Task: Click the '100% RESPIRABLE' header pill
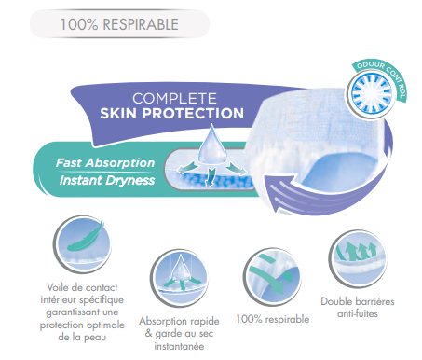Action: [119, 24]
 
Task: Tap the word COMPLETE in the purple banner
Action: [174, 99]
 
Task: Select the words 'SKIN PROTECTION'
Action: [171, 113]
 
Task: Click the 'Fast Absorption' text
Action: [105, 162]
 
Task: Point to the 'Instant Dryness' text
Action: [107, 180]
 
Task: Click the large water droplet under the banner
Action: [212, 145]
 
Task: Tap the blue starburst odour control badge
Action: [369, 93]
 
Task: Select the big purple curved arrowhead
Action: [278, 193]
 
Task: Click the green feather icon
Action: [85, 237]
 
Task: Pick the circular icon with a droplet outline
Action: [179, 278]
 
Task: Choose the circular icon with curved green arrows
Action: [272, 277]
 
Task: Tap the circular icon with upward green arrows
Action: [357, 258]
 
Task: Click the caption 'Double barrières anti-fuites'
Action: [358, 308]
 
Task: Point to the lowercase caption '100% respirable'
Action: [273, 319]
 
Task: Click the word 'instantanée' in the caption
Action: [179, 346]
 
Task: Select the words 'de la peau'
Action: [82, 337]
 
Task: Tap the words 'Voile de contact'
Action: [82, 287]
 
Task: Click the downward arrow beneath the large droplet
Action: [211, 176]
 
